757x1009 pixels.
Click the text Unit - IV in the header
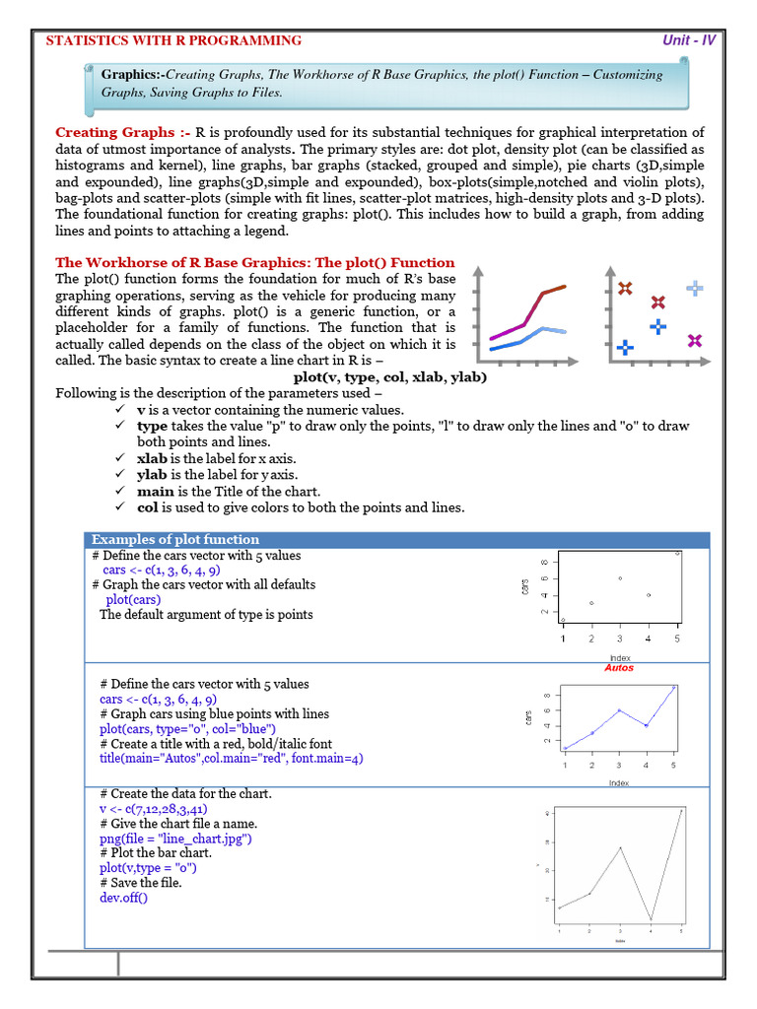tap(689, 40)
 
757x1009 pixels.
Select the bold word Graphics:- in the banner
tap(132, 75)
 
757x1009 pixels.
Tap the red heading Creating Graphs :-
tap(122, 132)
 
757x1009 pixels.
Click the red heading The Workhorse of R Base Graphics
tap(254, 263)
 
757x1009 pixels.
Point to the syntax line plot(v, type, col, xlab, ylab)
tap(390, 377)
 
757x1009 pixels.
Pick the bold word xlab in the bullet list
tap(153, 458)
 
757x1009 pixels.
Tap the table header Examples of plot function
tap(175, 540)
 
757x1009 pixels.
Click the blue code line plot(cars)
tap(133, 599)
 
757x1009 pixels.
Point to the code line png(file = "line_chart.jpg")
tap(176, 839)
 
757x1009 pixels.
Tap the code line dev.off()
tap(123, 898)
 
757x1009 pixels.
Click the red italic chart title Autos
tap(619, 668)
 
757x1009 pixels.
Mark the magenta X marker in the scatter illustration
tap(695, 341)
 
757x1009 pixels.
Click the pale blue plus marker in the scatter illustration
tap(695, 288)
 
